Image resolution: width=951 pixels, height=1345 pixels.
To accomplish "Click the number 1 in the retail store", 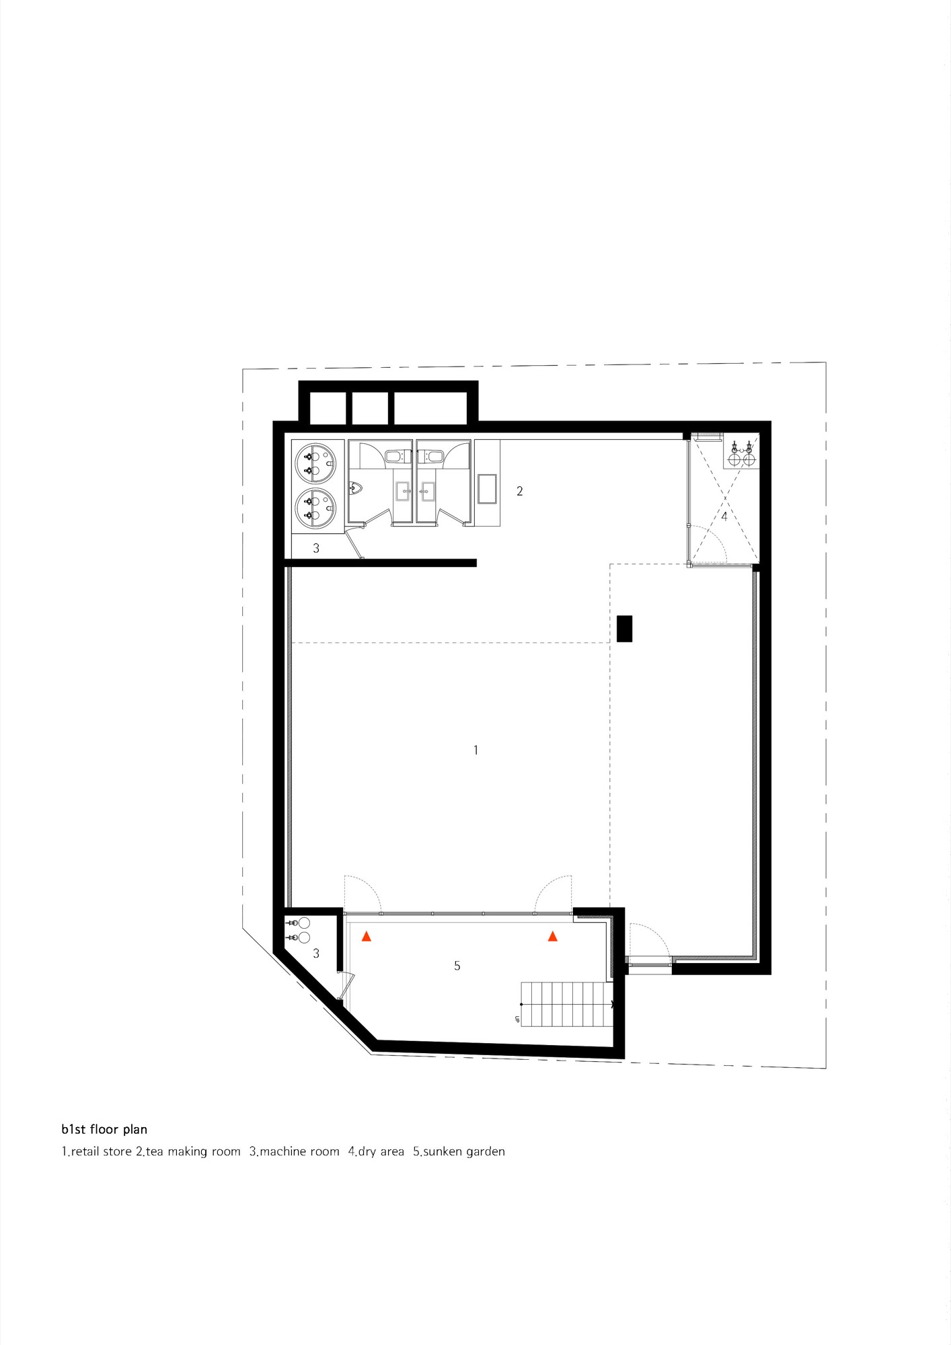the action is pyautogui.click(x=475, y=750).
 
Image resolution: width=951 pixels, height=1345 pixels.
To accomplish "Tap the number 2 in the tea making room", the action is pyautogui.click(x=519, y=491).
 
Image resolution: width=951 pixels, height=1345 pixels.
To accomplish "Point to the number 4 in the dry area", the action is pyautogui.click(x=724, y=516).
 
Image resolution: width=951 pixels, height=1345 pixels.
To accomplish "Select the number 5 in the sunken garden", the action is pyautogui.click(x=457, y=966).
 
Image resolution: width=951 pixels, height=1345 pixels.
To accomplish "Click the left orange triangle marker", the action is pyautogui.click(x=367, y=936).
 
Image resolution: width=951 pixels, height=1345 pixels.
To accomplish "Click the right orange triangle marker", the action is pyautogui.click(x=553, y=936).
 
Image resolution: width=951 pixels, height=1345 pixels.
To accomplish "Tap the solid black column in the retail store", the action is pyautogui.click(x=625, y=629).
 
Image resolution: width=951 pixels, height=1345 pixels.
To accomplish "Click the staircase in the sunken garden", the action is pyautogui.click(x=566, y=1004).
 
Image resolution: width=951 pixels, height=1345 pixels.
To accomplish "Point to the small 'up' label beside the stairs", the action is pyautogui.click(x=517, y=1020).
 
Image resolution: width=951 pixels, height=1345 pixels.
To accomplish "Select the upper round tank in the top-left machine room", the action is pyautogui.click(x=315, y=463).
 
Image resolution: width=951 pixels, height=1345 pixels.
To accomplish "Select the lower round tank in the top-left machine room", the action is pyautogui.click(x=315, y=508).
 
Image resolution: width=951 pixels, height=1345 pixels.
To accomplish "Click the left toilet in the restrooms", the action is pyautogui.click(x=395, y=457).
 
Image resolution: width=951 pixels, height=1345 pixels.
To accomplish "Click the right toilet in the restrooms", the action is pyautogui.click(x=433, y=457).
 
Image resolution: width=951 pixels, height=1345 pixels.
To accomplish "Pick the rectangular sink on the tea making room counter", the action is pyautogui.click(x=487, y=488).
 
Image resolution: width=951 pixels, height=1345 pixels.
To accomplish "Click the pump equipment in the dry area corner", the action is pyautogui.click(x=741, y=454).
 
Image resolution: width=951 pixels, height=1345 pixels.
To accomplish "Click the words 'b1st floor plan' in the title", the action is pyautogui.click(x=104, y=1129).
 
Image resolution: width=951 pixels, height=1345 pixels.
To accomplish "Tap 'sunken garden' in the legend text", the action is pyautogui.click(x=464, y=1151).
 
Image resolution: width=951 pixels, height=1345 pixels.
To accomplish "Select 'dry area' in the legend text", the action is pyautogui.click(x=381, y=1151).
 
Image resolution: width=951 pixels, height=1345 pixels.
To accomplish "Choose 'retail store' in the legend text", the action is pyautogui.click(x=102, y=1151).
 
